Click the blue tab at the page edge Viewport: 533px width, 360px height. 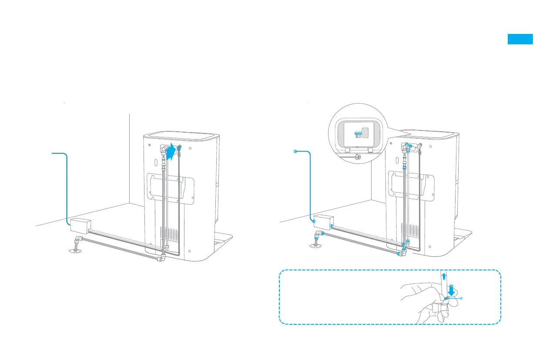520,39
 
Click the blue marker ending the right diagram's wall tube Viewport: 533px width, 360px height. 295,152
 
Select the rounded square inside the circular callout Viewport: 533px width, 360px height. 366,133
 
